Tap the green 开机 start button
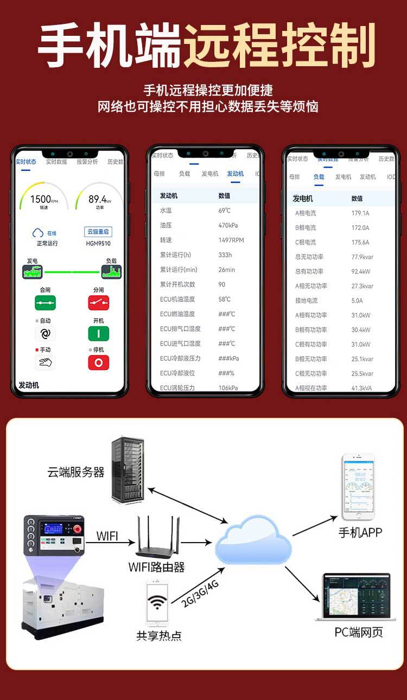click(98, 333)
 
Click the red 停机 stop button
click(98, 362)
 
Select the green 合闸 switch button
click(45, 302)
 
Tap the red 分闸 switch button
click(98, 302)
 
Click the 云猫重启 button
click(98, 232)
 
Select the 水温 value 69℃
click(225, 211)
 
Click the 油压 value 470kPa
click(228, 225)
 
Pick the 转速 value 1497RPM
click(231, 240)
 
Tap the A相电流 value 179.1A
click(360, 213)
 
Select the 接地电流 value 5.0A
click(357, 301)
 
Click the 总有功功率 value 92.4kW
click(361, 271)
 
